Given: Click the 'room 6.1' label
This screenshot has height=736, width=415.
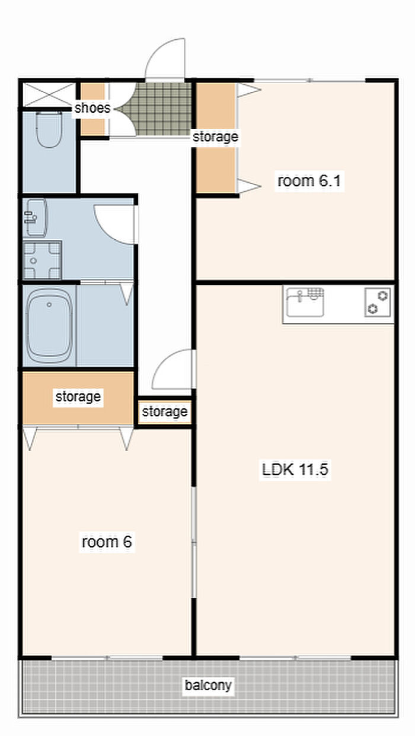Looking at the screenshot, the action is click(309, 180).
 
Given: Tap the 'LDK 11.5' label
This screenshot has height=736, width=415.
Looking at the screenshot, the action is click(295, 469).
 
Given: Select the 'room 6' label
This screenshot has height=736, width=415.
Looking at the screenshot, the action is click(107, 541).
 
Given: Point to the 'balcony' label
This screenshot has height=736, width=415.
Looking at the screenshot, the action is click(208, 685).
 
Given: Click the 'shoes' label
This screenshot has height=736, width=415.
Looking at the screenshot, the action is click(92, 108).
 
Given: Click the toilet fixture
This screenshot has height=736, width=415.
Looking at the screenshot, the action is click(49, 129).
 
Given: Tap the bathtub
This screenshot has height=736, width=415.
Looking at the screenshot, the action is click(49, 325).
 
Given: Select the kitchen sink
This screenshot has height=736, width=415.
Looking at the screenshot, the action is click(305, 302).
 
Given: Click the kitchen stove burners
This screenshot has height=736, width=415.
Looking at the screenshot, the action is click(378, 302).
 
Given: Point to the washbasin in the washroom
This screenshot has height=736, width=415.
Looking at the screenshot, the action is click(36, 217).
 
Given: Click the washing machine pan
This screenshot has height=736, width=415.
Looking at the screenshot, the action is click(42, 260).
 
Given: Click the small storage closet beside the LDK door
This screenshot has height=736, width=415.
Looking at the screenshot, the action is click(165, 412).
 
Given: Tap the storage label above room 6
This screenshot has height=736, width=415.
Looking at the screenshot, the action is click(78, 397).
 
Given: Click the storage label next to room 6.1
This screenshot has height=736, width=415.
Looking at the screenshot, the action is click(216, 137).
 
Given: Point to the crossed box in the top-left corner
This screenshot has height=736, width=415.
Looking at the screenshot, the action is click(49, 94).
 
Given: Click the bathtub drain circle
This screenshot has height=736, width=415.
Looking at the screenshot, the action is click(49, 304).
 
